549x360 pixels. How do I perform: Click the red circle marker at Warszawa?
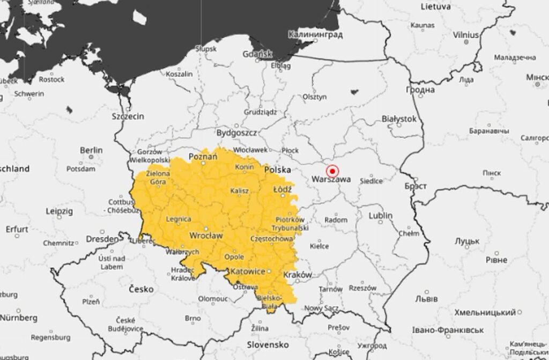coord(333,171)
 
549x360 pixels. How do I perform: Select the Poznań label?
coord(203,156)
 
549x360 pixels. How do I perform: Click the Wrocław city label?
coord(206,235)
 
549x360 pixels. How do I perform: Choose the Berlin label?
coord(91,150)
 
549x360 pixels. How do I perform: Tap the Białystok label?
coord(398,119)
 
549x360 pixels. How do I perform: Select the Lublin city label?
coord(380,216)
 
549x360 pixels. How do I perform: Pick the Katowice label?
coord(249,271)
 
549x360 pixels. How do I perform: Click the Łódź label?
coord(282,190)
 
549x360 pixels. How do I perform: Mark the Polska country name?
coord(278,170)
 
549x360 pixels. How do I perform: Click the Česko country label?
coord(142,289)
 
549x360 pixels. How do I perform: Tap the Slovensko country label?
coord(268,343)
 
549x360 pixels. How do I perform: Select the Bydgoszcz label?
coord(236,132)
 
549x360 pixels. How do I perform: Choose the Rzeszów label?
coord(363,288)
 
